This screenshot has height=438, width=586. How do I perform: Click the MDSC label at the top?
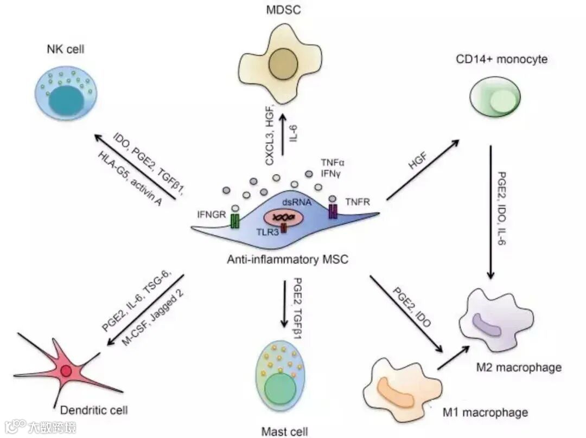[x=279, y=10]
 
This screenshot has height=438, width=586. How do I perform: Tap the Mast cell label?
[x=285, y=431]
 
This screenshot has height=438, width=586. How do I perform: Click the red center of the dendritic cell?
[x=66, y=372]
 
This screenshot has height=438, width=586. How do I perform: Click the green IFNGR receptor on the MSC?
[x=234, y=221]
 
